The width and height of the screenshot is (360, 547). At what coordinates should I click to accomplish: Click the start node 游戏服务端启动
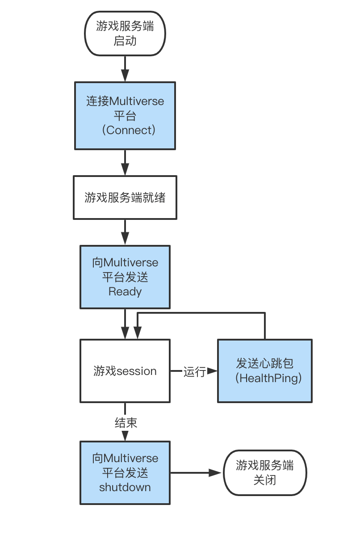click(125, 34)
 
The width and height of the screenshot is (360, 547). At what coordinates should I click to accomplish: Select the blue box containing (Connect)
click(125, 115)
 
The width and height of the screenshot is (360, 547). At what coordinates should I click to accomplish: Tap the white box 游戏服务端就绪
click(125, 197)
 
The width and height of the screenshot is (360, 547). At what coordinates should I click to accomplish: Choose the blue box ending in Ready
click(125, 277)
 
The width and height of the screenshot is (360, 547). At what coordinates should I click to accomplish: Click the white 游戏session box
click(125, 370)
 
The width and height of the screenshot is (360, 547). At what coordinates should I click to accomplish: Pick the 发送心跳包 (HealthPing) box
click(265, 370)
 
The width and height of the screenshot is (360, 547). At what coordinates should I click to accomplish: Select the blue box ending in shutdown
click(125, 472)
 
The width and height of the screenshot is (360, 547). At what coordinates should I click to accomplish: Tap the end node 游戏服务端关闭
click(265, 472)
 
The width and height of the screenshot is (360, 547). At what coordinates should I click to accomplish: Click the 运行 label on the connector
click(194, 371)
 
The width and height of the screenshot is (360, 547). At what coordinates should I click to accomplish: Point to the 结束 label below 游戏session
click(126, 422)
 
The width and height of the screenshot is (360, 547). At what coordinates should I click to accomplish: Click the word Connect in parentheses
click(129, 130)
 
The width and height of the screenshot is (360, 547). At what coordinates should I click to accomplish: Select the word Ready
click(125, 292)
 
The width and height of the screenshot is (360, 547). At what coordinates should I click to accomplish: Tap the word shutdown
click(125, 487)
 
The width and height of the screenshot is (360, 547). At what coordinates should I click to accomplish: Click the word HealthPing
click(268, 378)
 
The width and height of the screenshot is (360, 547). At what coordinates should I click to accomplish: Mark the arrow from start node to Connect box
click(125, 69)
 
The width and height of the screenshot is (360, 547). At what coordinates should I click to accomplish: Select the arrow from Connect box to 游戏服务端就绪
click(125, 163)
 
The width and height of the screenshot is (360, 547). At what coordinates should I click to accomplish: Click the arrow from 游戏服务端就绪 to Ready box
click(125, 232)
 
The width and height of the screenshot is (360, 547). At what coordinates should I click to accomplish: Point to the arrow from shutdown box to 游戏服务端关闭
click(197, 472)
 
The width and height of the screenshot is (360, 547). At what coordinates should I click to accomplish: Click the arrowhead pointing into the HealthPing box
click(213, 371)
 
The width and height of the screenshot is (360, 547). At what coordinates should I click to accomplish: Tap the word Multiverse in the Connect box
click(137, 101)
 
